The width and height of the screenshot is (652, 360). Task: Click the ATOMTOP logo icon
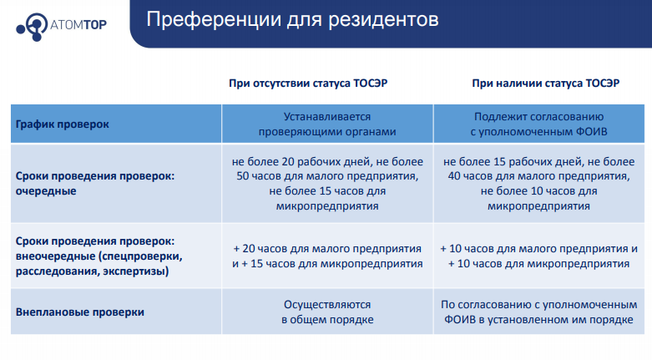tap(33, 27)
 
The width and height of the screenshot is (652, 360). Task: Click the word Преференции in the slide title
tap(214, 19)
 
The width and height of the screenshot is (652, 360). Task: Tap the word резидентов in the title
tap(383, 19)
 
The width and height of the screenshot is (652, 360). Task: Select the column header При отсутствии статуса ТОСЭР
tap(308, 84)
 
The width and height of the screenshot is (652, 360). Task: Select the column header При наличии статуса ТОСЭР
tap(545, 84)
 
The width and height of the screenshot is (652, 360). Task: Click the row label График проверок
tap(63, 124)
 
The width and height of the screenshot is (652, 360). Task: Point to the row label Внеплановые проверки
tap(80, 312)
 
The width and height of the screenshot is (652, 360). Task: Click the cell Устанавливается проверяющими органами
tap(327, 124)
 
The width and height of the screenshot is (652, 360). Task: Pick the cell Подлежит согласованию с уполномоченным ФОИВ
tap(539, 124)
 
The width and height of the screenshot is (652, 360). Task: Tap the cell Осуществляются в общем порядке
tap(327, 312)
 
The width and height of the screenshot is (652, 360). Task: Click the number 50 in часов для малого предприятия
tap(243, 176)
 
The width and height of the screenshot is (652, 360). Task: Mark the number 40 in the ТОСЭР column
tap(454, 176)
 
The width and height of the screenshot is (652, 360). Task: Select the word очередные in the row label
tap(46, 191)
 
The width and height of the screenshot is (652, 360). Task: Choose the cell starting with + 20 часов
tap(327, 256)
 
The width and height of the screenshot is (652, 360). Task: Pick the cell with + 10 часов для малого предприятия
tap(539, 256)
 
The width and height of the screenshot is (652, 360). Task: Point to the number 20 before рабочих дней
tap(288, 161)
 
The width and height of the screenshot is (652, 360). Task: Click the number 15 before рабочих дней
tap(499, 161)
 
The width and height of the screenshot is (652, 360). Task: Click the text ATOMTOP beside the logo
tap(78, 25)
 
